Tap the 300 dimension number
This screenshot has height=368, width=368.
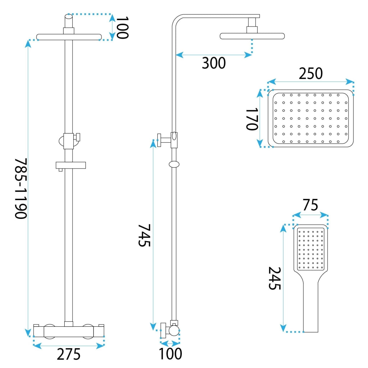[x=213, y=63]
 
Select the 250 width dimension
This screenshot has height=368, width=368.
[x=310, y=73]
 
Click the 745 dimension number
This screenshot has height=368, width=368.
[x=144, y=235]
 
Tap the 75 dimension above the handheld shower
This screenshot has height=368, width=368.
[x=310, y=205]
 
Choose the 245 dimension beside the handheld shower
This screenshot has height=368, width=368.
[x=275, y=278]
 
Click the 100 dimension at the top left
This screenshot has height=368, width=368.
[x=122, y=28]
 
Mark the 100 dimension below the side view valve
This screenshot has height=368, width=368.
[x=171, y=354]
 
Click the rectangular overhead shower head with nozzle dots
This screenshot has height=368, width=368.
[x=311, y=119]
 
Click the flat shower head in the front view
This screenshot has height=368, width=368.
[x=69, y=37]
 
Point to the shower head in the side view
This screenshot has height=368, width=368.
[x=252, y=36]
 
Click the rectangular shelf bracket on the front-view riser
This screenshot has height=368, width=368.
[x=71, y=165]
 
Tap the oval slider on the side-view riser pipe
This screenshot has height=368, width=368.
[x=174, y=164]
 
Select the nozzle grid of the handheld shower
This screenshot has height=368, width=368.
[x=311, y=249]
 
